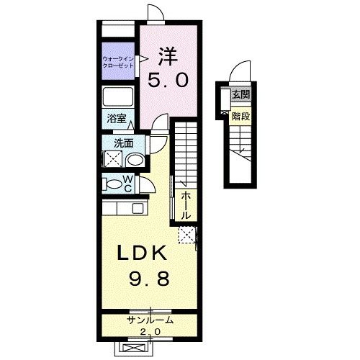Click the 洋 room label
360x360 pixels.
click(x=168, y=57)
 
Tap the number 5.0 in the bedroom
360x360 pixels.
click(x=168, y=80)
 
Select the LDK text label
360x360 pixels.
click(x=142, y=253)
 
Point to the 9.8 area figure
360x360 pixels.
click(x=149, y=279)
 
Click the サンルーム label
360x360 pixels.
click(x=150, y=320)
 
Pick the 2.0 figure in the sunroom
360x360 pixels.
click(x=150, y=332)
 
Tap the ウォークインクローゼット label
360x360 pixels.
click(x=118, y=62)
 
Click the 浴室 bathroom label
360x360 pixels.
click(x=117, y=118)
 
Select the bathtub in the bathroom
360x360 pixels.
click(x=118, y=96)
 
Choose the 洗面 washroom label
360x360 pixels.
click(x=124, y=143)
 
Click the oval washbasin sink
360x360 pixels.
click(x=135, y=160)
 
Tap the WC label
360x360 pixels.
click(x=128, y=184)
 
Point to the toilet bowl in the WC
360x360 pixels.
click(x=114, y=184)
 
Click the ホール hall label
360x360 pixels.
click(x=186, y=205)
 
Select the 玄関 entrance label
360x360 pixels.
click(x=241, y=95)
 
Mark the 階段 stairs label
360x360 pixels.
click(x=240, y=117)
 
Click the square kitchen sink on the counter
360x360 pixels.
click(x=138, y=208)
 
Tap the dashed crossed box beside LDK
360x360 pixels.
click(x=186, y=235)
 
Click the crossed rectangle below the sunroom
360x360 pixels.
click(x=134, y=348)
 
